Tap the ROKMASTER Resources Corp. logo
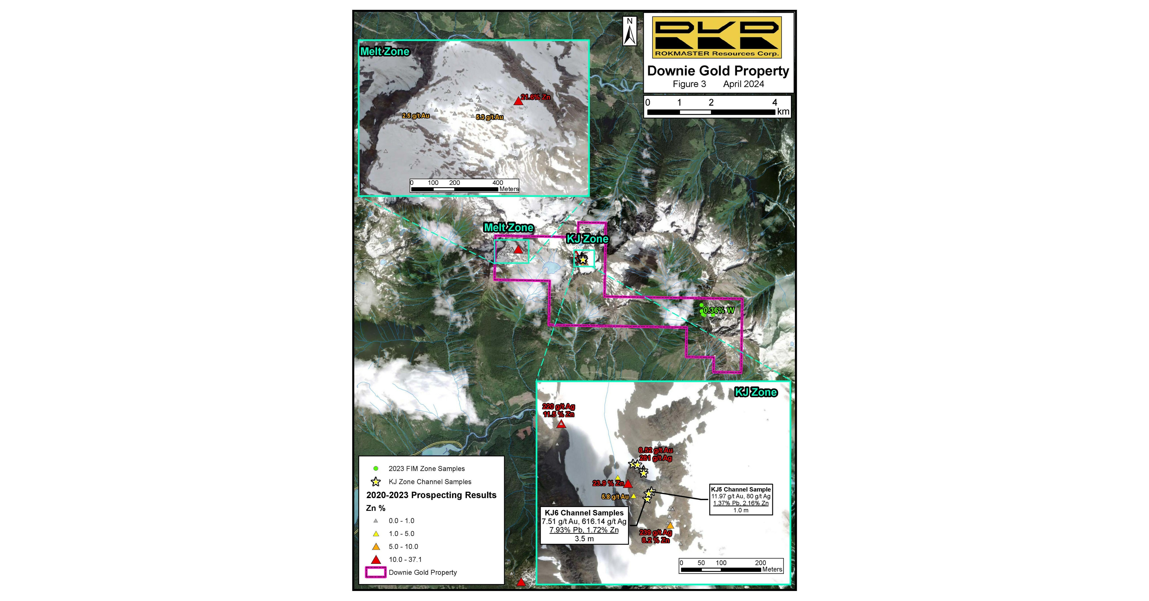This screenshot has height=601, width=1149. click(717, 37)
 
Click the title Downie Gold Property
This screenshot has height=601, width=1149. click(718, 71)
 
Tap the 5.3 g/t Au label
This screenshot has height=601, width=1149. click(489, 117)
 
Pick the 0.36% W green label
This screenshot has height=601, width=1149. click(719, 310)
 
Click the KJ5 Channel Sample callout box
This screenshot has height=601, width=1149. click(741, 499)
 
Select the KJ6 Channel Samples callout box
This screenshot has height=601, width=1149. click(584, 525)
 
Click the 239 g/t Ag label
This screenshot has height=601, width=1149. click(655, 532)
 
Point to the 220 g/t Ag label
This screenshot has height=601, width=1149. click(558, 407)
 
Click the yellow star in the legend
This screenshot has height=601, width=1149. click(376, 481)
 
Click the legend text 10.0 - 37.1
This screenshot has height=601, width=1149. click(405, 560)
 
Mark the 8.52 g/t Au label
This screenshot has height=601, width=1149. click(655, 450)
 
